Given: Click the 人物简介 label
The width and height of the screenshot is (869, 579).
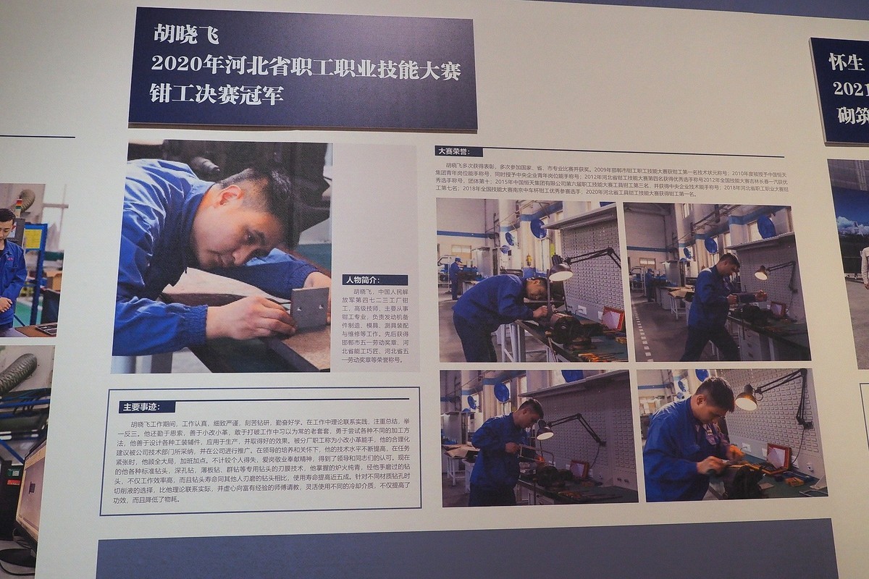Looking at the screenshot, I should pos(374,279).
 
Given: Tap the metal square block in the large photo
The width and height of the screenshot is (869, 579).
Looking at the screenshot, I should pos(310,307).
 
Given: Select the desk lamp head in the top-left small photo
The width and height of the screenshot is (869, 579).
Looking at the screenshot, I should pos(560,272).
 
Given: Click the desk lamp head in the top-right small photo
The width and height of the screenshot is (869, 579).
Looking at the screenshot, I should pos(761,273).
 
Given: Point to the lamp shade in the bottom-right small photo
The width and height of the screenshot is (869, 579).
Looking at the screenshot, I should pos(745,398).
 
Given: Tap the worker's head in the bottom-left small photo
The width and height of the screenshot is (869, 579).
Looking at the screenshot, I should pos(529,410).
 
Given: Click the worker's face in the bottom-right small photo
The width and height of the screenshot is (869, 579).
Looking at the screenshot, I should pos(721,402).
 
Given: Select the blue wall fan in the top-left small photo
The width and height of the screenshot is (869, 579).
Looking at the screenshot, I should pos(538,228).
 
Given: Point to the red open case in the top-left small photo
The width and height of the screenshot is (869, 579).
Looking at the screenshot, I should pos(613,318).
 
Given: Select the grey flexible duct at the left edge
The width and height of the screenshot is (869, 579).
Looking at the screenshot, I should pos(17,372).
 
